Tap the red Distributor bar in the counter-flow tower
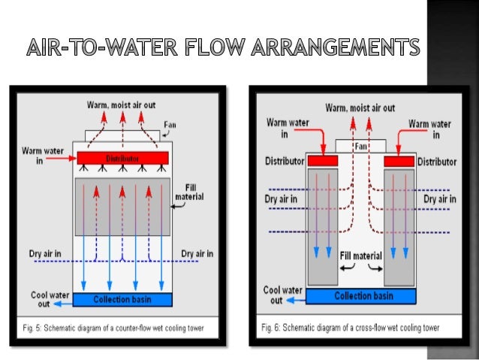pos(122,159)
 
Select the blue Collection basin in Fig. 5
pos(122,300)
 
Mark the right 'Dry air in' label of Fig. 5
pos(197,254)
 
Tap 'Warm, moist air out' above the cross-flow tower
pos(360,108)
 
